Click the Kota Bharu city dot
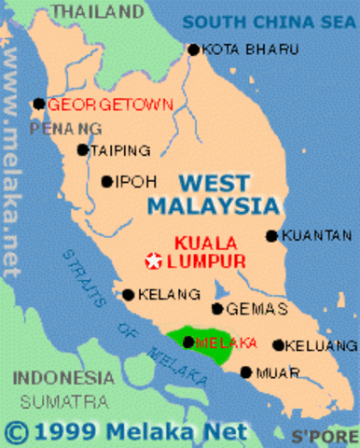point(193,49)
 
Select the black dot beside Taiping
point(83,149)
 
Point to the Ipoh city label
point(130,182)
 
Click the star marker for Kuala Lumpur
point(152,260)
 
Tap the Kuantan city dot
point(271,236)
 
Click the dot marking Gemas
point(217,309)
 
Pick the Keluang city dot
point(277,344)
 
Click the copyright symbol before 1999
point(18,431)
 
